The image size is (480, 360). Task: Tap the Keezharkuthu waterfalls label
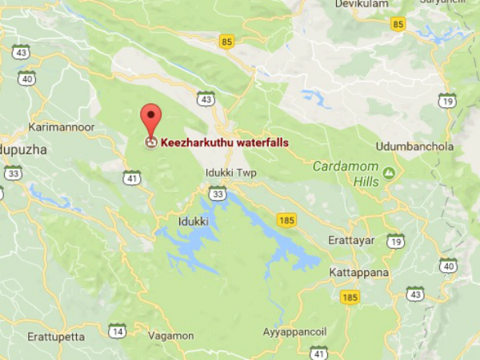[224, 143]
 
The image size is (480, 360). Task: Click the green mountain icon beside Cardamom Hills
[389, 172]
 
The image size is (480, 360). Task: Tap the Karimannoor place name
[61, 127]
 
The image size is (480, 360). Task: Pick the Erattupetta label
[56, 337]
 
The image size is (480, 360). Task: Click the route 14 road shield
[118, 330]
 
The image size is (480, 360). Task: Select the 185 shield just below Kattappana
[349, 298]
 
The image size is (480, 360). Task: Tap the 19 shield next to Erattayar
[394, 241]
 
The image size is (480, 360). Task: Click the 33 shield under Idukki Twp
[217, 192]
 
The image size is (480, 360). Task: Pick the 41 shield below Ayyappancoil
[319, 352]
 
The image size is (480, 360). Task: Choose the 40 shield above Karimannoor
[27, 78]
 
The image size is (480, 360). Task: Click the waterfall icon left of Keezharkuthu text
[150, 143]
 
